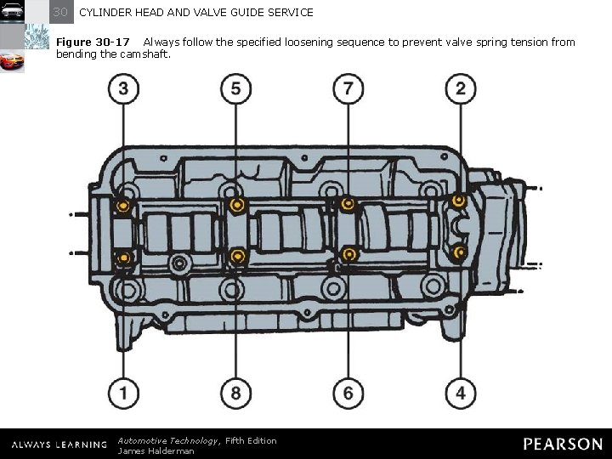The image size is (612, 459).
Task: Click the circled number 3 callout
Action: coord(124,89)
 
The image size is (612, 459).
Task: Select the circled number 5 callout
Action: coord(235,89)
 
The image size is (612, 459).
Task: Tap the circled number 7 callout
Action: coord(348,89)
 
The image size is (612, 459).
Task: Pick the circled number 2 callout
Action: coord(460,89)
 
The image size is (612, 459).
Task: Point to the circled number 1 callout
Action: coord(124,393)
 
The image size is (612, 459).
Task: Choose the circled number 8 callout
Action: coord(235,393)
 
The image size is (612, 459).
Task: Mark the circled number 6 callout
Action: coord(348,393)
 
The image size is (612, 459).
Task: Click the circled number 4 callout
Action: coord(460,393)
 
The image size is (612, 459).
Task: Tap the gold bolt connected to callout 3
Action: coord(124,206)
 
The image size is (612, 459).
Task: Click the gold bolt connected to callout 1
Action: coord(124,257)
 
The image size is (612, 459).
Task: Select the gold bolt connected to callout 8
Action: coord(237,256)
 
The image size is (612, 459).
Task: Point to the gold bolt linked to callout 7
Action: coord(348,204)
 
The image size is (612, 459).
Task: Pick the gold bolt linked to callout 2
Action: coord(459,201)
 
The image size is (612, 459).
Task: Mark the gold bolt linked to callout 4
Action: coord(460,252)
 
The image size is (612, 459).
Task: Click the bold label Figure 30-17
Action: coord(93,42)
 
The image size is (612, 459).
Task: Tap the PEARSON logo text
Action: coord(562,444)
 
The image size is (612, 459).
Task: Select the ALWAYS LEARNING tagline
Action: coord(59,445)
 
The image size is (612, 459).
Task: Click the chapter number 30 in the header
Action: coord(60,12)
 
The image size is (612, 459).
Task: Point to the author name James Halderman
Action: coord(156,450)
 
